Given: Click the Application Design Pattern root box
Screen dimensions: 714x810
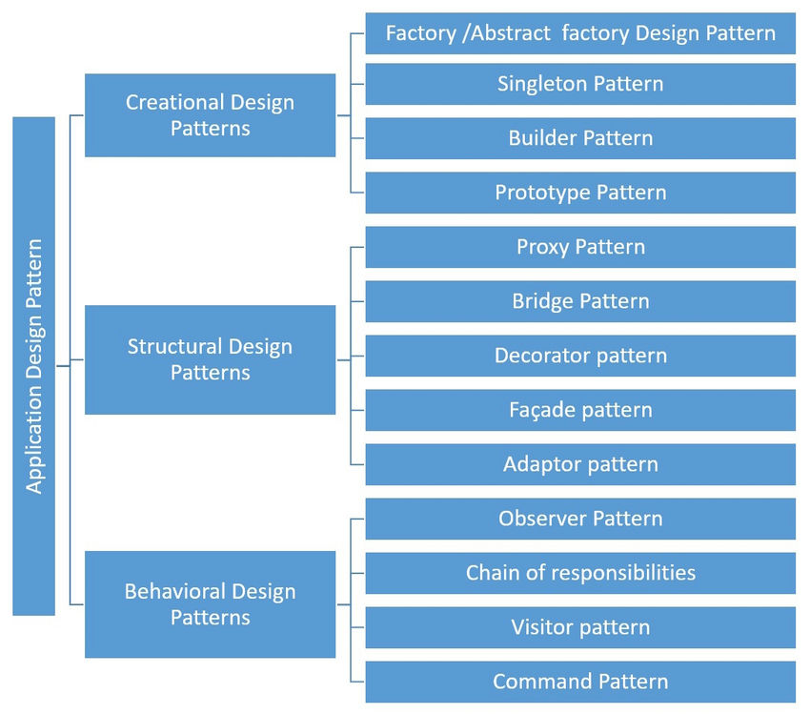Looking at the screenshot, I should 33,365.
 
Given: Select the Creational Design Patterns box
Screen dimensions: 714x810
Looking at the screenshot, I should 210,115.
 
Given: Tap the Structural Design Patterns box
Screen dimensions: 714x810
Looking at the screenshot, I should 210,359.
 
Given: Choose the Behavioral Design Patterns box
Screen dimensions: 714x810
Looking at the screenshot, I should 210,604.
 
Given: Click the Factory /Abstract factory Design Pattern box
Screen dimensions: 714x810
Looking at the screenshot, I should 580,33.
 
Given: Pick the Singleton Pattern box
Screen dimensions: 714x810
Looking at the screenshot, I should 580,84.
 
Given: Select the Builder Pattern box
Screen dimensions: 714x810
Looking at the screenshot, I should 580,138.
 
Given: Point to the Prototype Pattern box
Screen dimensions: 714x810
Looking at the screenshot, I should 580,193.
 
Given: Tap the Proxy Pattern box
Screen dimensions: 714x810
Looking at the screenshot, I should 580,247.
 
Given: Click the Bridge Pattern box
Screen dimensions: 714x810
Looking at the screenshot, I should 580,301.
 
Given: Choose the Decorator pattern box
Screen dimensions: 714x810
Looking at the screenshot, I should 580,356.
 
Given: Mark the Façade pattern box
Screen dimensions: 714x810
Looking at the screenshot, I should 580,410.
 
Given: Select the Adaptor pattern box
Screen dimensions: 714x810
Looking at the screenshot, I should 580,464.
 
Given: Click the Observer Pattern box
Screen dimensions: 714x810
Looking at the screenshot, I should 580,519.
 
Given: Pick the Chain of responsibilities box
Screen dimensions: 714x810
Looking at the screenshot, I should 580,573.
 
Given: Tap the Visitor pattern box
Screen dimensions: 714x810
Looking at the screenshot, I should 580,627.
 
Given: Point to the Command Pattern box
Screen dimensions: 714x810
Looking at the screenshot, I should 580,682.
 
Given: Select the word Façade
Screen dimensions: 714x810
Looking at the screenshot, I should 540,410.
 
